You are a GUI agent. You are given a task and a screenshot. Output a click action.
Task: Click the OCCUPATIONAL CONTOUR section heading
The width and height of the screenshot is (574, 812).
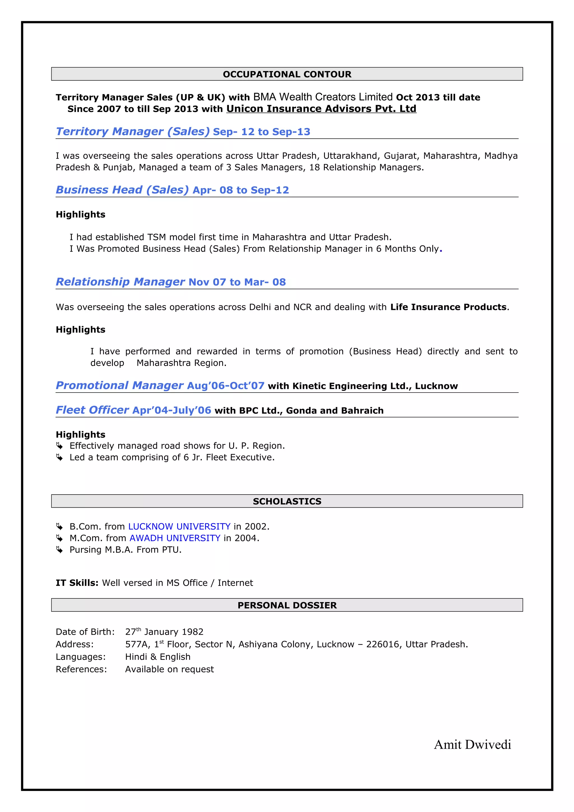tap(287, 74)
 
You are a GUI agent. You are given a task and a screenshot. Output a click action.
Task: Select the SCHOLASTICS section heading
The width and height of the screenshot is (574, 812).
tap(287, 501)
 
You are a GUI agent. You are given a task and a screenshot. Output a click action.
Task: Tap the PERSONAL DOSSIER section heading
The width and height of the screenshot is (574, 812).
tap(287, 605)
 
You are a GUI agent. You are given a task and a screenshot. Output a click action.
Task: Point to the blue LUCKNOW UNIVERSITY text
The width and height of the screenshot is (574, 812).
tap(179, 526)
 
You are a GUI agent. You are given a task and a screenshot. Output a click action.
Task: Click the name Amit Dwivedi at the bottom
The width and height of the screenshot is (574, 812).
tap(472, 744)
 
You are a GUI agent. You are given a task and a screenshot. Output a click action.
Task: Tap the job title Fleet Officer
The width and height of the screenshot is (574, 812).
tap(92, 410)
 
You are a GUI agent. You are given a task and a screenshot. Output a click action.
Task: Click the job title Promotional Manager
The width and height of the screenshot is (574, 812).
tap(120, 385)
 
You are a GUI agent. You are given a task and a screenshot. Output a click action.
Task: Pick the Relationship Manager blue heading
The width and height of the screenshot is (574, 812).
tap(120, 282)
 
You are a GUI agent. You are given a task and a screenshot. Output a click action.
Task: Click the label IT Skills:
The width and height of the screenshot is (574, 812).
tap(77, 583)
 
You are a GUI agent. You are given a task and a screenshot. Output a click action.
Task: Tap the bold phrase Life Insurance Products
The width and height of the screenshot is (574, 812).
tap(448, 307)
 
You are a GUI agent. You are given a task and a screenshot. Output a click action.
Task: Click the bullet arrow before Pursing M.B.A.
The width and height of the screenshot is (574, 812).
tap(59, 549)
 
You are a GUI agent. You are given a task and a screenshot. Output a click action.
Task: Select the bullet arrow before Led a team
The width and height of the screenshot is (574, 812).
tap(59, 457)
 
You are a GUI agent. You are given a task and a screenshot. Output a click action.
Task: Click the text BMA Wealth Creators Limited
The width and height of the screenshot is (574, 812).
tap(323, 97)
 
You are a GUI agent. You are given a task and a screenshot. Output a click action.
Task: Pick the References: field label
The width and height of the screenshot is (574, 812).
tap(81, 669)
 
